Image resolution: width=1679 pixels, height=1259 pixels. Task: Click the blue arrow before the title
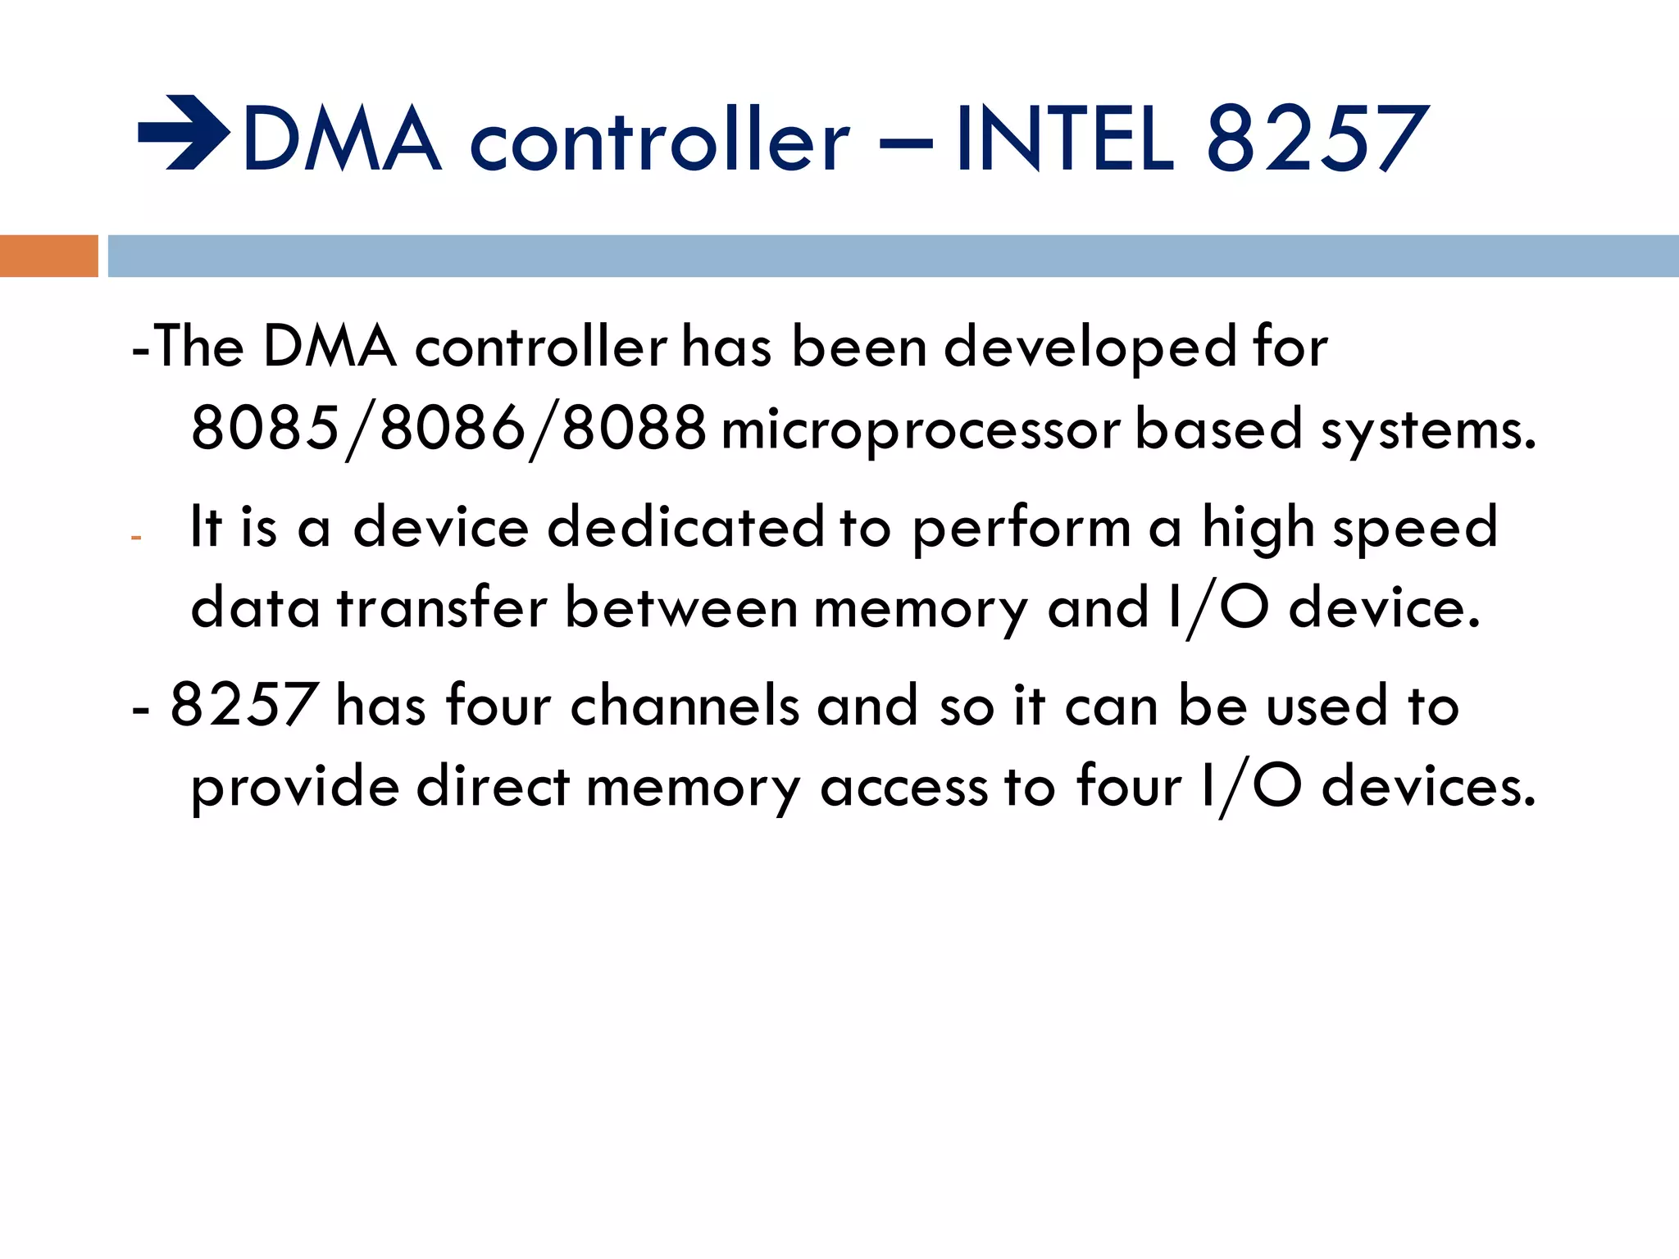coord(184,133)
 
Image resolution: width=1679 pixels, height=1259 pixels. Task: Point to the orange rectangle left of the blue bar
coord(48,256)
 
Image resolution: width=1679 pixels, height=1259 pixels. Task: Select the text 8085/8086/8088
coord(448,429)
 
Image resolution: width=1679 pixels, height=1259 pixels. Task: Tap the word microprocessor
coord(920,430)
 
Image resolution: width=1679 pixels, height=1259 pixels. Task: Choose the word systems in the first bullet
coord(1427,430)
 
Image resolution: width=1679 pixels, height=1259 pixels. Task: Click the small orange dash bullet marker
coord(136,539)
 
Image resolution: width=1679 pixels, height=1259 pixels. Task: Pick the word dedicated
coord(685,526)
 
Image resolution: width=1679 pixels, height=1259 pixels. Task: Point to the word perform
coord(1021,529)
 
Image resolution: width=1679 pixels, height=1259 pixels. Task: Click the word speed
coord(1415,529)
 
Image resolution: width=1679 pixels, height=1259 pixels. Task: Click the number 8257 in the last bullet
coord(243,704)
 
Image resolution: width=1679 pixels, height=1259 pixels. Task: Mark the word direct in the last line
coord(493,786)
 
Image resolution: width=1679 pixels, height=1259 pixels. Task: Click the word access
coord(903,786)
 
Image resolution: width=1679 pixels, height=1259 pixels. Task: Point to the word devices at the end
coord(1428,786)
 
